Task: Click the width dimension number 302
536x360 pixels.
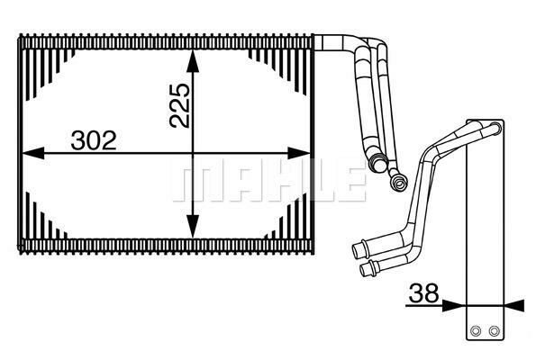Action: tap(95, 141)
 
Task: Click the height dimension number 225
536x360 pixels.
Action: tap(178, 107)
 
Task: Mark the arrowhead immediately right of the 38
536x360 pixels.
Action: tap(456, 305)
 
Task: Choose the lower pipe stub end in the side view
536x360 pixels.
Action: tap(365, 268)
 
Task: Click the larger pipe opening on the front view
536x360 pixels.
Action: tap(375, 163)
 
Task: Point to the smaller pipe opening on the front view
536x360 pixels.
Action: tap(395, 184)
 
